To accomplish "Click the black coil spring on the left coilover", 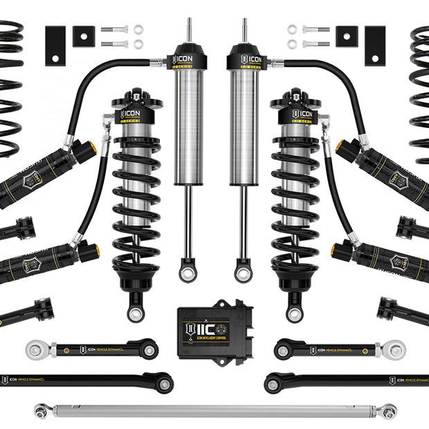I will click(x=136, y=201).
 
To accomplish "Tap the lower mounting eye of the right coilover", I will click(x=294, y=313).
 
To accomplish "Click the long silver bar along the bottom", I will click(x=214, y=410).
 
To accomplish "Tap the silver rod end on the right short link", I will click(x=394, y=348).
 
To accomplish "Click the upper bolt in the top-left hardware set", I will click(x=114, y=30).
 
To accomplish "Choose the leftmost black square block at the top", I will click(x=55, y=46).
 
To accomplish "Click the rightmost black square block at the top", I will click(x=375, y=46).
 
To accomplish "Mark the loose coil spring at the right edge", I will click(x=419, y=90).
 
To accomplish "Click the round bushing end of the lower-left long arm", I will click(x=163, y=380).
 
